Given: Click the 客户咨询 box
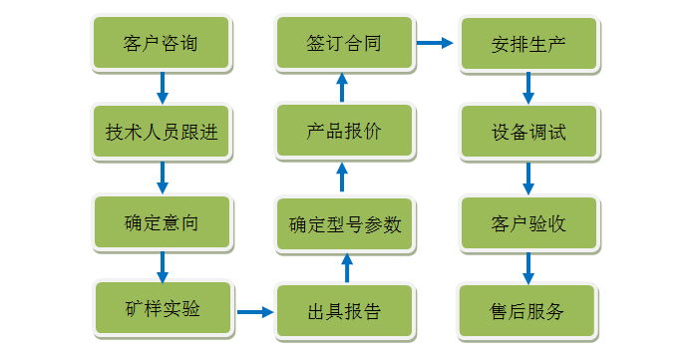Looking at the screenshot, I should click(x=161, y=44).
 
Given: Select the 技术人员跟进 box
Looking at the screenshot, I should click(x=161, y=133).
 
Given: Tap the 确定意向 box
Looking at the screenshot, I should click(x=161, y=222).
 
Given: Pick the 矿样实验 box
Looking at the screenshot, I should click(x=163, y=308).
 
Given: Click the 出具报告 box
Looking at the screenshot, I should click(x=344, y=312).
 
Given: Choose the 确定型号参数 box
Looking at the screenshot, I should click(x=344, y=224).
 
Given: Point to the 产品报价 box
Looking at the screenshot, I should click(x=344, y=133).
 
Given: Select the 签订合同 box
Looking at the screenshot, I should click(x=344, y=44).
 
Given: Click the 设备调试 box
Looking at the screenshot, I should click(x=528, y=133).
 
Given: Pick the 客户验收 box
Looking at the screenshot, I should click(x=528, y=222).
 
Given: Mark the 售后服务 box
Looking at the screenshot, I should click(x=528, y=312).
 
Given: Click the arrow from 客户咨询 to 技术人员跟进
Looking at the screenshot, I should click(x=163, y=89).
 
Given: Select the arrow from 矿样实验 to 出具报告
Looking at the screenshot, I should click(x=254, y=312).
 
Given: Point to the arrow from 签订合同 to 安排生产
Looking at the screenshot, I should click(x=434, y=43).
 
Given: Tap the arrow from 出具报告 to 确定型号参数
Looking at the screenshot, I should click(x=346, y=268).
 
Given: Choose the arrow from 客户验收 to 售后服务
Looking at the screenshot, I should click(x=528, y=267).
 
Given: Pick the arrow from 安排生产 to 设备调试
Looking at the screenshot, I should click(x=528, y=89).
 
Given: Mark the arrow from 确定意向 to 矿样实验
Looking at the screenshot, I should click(x=163, y=266).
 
